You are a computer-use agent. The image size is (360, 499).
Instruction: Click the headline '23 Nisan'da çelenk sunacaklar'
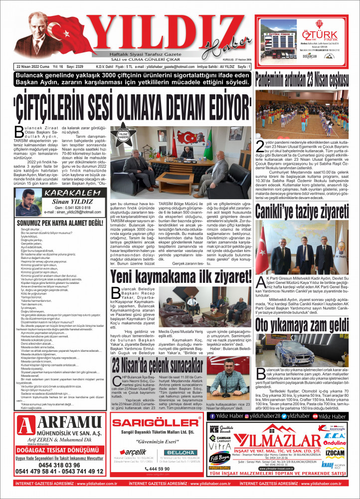[158, 363]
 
